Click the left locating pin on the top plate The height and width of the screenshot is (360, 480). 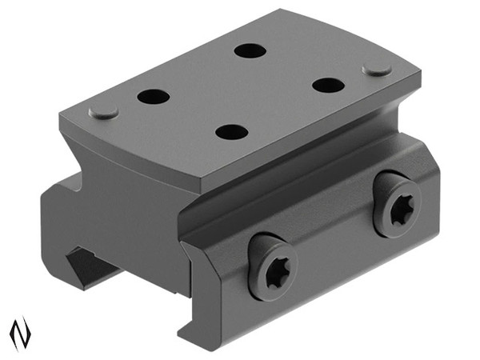pyautogui.click(x=103, y=111)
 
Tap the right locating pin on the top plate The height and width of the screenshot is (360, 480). pyautogui.click(x=377, y=70)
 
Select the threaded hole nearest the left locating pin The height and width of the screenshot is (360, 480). pyautogui.click(x=153, y=97)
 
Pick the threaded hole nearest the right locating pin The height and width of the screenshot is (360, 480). pyautogui.click(x=328, y=84)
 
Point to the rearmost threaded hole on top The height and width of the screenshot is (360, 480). pyautogui.click(x=250, y=50)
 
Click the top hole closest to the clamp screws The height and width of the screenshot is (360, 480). pyautogui.click(x=230, y=132)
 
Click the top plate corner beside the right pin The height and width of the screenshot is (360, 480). pyautogui.click(x=418, y=80)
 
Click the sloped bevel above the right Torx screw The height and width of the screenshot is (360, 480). pyautogui.click(x=384, y=164)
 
